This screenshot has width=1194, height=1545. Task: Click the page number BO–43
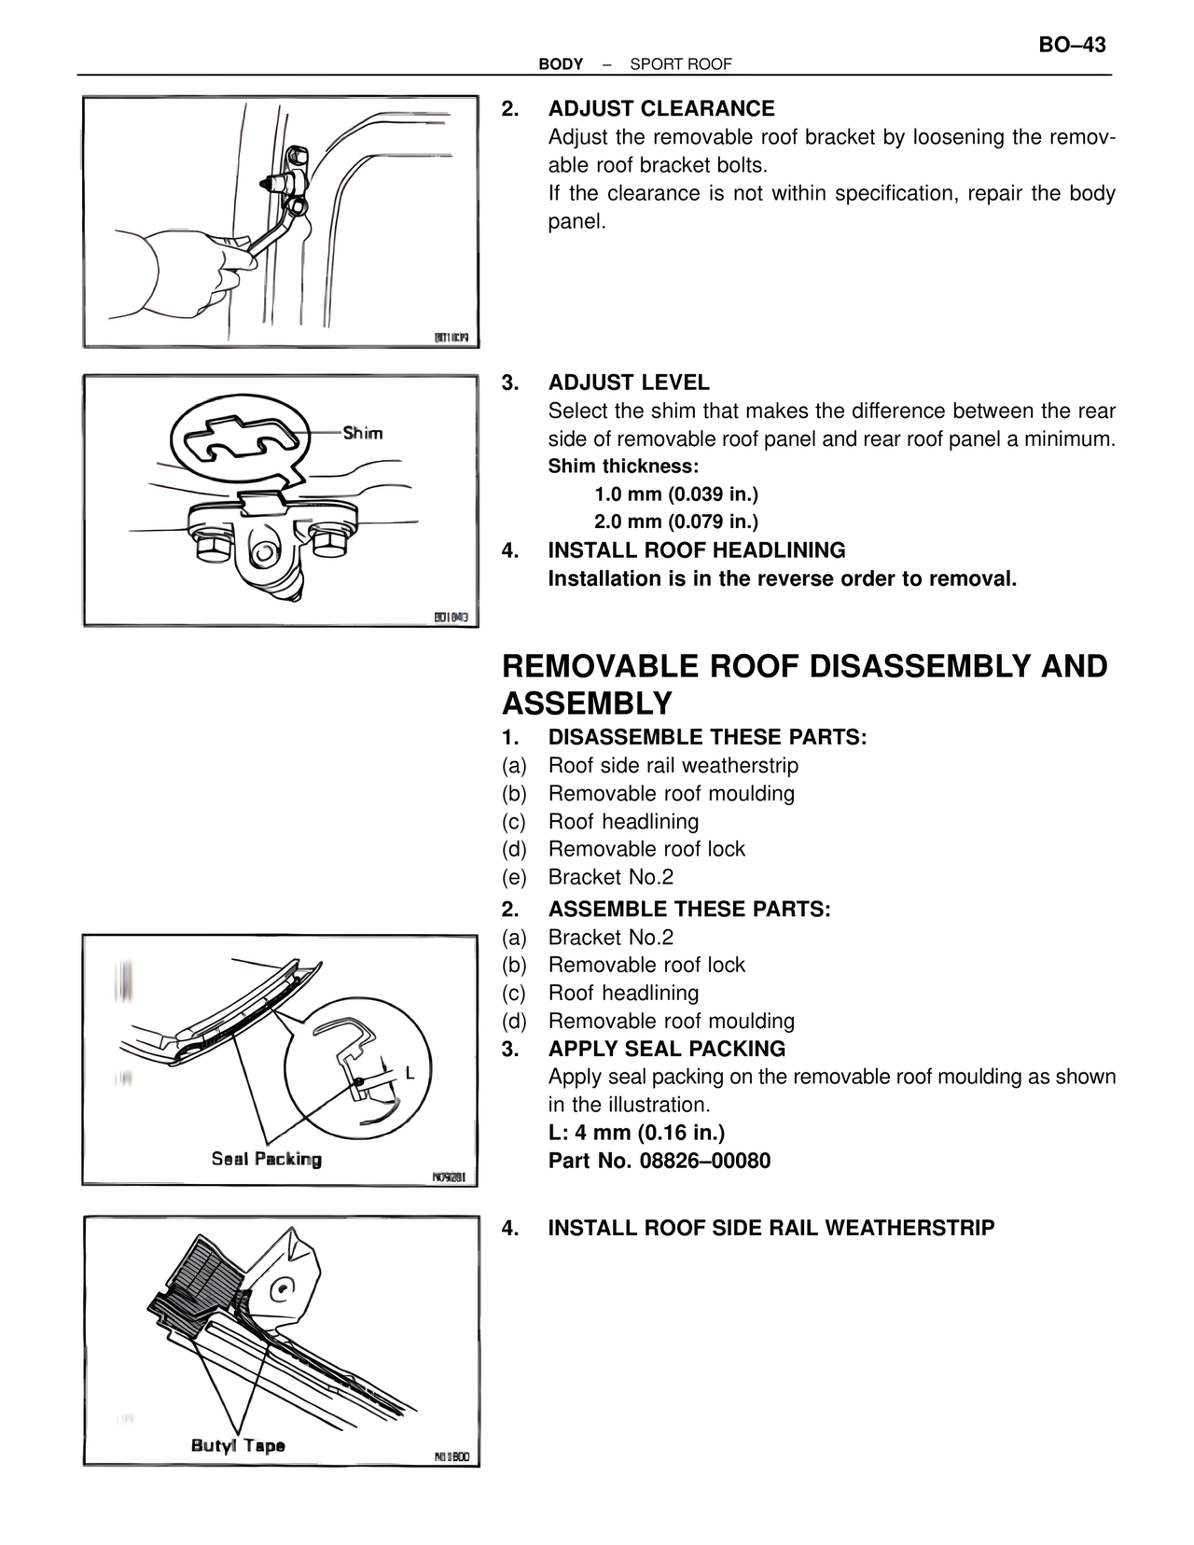point(1072,45)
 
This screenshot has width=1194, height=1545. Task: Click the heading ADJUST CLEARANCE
point(660,109)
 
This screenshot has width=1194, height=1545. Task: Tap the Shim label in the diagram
point(362,433)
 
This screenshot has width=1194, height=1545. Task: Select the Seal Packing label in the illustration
point(266,1159)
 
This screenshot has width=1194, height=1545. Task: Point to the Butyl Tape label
point(238,1445)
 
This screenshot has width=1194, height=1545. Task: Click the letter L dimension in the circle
point(410,1073)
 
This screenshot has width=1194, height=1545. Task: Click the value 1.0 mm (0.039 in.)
point(676,494)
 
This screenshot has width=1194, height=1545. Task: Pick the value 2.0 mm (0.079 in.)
point(676,522)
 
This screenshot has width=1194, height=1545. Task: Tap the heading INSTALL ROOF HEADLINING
point(696,550)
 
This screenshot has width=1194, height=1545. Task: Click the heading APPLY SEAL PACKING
point(666,1049)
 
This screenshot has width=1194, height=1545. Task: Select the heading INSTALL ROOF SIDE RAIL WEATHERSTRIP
point(771,1228)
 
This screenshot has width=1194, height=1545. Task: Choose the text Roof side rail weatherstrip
point(673,766)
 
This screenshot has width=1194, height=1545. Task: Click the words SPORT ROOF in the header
point(681,64)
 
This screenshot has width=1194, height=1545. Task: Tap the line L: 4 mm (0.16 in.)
point(636,1133)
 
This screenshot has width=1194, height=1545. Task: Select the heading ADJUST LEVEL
point(628,383)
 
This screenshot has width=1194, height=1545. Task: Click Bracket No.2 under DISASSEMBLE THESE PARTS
point(610,877)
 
